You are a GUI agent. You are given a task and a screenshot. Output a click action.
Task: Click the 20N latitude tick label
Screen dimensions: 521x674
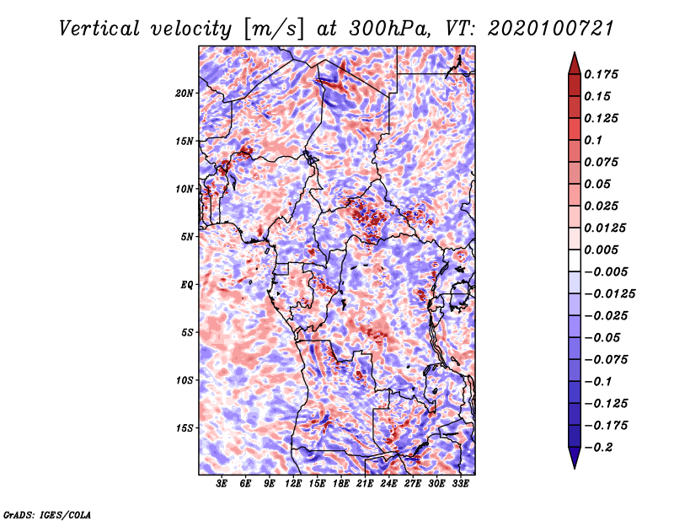click(185, 93)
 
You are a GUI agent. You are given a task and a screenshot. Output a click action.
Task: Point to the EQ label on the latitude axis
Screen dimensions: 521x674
click(186, 284)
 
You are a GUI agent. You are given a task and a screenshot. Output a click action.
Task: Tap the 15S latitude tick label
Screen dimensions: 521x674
click(185, 427)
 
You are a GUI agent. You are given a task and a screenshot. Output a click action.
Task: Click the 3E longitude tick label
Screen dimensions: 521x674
click(222, 484)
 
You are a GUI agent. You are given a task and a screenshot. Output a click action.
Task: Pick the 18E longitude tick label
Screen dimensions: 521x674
click(341, 484)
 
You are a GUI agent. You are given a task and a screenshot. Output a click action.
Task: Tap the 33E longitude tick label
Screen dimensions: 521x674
click(460, 484)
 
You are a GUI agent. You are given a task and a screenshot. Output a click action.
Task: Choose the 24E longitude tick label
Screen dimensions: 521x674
click(388, 484)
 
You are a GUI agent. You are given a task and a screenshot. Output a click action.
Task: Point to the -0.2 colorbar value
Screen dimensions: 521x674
click(600, 448)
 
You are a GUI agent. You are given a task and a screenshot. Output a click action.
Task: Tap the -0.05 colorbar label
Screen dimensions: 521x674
click(603, 338)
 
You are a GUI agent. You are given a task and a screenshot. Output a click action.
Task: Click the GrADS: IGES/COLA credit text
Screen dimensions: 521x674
click(46, 513)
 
